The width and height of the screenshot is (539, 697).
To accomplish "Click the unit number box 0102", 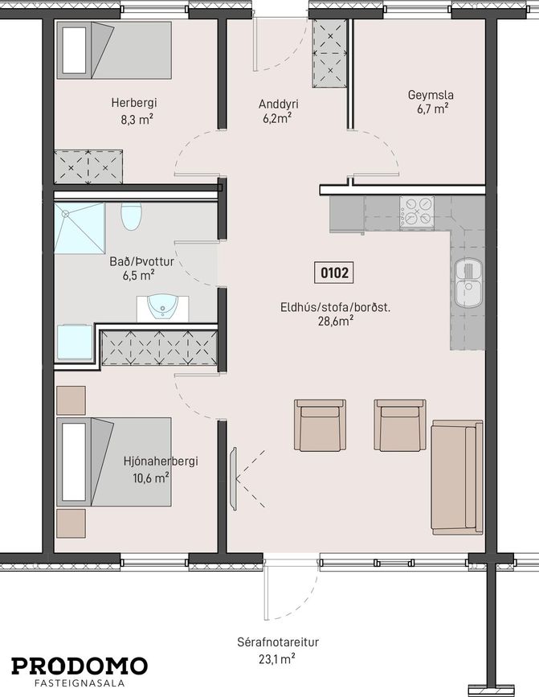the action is click(x=334, y=272).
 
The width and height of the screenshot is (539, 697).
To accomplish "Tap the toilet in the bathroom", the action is click(x=131, y=216).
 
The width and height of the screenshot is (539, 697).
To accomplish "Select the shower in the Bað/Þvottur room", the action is click(x=80, y=228).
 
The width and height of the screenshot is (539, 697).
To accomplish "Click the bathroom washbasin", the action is click(x=162, y=308).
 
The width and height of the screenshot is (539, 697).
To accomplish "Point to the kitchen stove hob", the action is click(x=416, y=212).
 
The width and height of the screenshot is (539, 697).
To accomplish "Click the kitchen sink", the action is click(x=468, y=283).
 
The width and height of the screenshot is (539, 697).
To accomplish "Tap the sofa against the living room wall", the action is click(x=457, y=477).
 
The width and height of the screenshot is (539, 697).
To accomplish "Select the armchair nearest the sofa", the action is click(x=400, y=425).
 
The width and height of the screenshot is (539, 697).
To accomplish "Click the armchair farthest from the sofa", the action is click(x=321, y=425).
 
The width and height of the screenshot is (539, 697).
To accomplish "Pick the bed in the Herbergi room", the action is click(x=113, y=50).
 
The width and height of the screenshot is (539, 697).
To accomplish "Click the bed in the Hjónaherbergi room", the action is click(x=113, y=461).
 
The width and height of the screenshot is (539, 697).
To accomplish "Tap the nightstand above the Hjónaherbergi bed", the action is click(x=71, y=400).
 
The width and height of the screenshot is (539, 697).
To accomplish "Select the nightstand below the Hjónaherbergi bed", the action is click(x=71, y=523).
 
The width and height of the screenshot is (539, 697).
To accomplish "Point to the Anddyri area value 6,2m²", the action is click(x=276, y=119).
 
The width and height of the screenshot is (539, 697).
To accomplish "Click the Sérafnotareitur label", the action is click(x=278, y=642).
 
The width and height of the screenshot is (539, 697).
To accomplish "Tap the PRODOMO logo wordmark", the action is click(x=80, y=666).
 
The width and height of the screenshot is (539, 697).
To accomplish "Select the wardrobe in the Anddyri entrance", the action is click(x=330, y=53).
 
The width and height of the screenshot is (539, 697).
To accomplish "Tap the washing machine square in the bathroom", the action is click(x=75, y=342).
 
